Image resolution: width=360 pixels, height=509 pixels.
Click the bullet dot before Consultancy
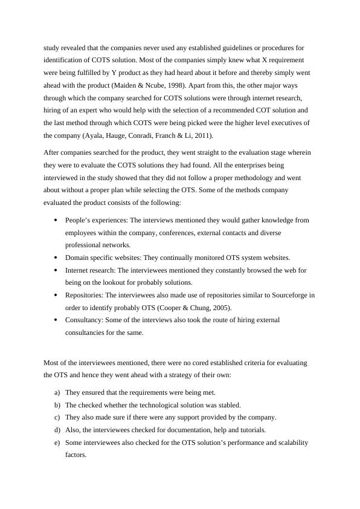[56, 320]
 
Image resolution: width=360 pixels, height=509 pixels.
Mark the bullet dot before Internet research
[56, 270]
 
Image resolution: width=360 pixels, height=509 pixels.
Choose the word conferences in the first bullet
[161, 232]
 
